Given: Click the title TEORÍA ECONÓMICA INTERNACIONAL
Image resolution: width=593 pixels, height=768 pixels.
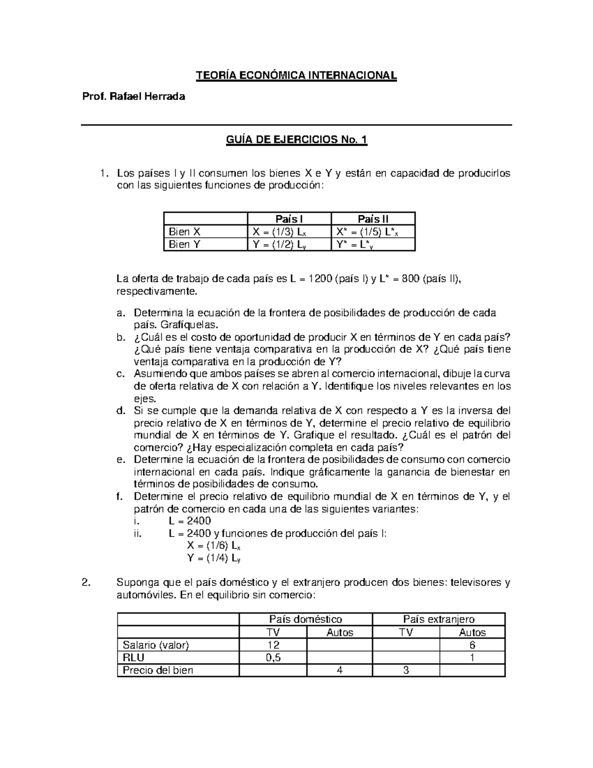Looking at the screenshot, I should pos(296,76).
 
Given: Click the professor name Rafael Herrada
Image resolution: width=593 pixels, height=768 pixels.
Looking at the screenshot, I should pos(133,96).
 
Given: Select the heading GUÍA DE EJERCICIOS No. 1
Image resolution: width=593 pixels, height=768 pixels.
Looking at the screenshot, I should pos(296,140).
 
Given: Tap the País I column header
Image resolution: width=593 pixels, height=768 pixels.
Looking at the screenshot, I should pos(289,219).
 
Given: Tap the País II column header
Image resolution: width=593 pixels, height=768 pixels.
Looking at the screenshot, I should pos(373,219).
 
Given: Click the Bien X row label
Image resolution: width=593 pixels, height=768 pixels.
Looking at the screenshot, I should pos(185,231).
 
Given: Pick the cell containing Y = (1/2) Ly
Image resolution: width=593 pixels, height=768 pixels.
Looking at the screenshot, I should pos(280,244).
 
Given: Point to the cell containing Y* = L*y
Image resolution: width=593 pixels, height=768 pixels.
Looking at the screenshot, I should pos(355,244).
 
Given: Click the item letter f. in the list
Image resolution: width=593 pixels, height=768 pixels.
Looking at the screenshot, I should pos(120,497).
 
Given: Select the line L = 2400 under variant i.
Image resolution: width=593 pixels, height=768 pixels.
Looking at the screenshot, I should pos(190,521).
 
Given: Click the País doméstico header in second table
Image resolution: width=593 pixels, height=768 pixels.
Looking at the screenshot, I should pos(305,619).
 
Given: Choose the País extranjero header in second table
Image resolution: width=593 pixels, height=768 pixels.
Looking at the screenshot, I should pos(438,619).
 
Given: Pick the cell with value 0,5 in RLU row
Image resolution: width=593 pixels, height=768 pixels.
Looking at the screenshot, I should pos(272,657).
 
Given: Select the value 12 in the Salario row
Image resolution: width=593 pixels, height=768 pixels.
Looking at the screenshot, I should pos(272,645).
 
